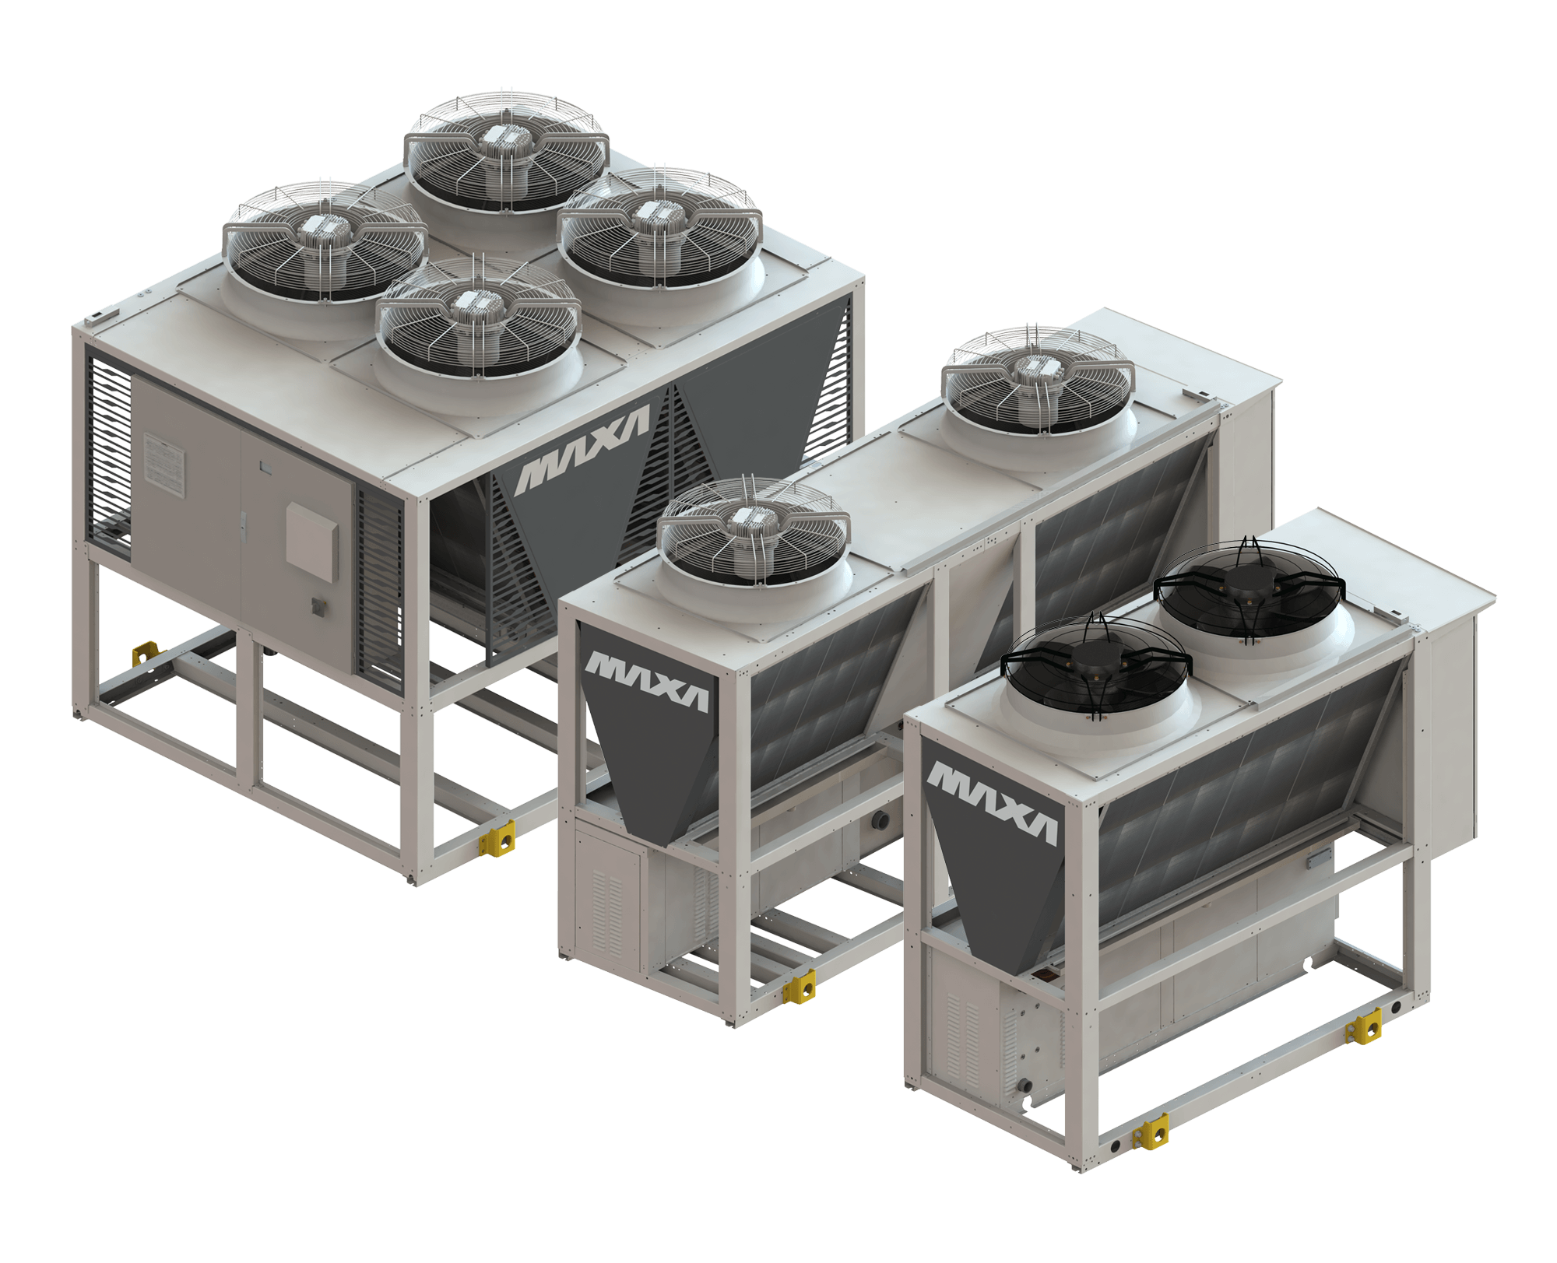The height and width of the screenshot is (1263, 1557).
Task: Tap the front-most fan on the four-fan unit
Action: tap(480, 318)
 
